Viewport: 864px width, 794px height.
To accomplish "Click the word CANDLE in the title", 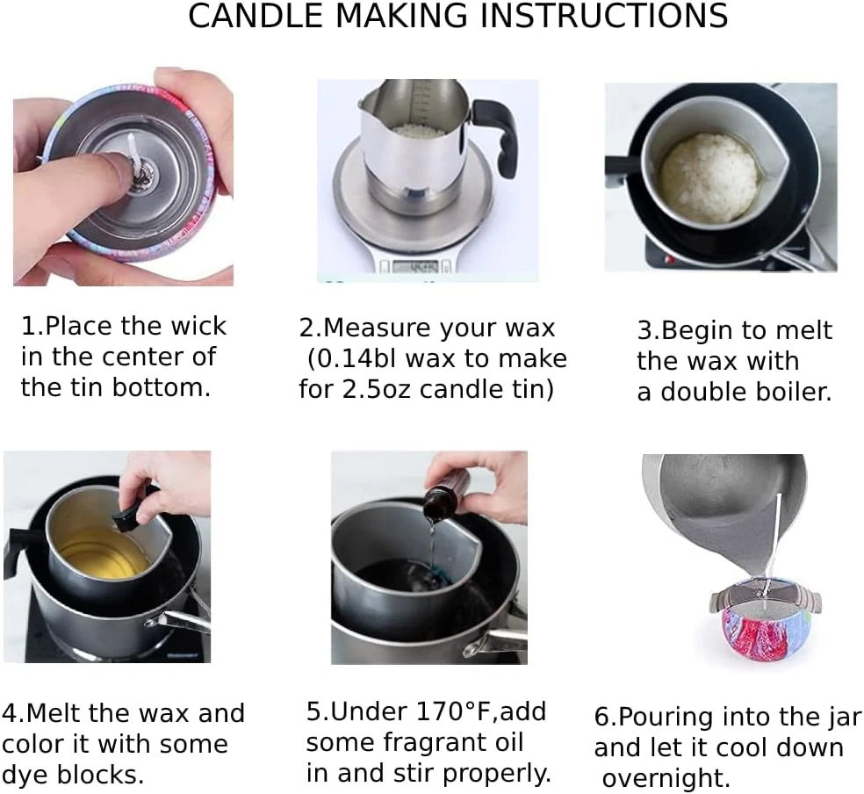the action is [256, 16].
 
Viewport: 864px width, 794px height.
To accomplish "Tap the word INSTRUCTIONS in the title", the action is [603, 16].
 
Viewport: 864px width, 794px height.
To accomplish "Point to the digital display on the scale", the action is [422, 267].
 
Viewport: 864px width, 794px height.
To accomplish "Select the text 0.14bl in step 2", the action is [356, 358].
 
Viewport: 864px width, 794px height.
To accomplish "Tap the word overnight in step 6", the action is [666, 778].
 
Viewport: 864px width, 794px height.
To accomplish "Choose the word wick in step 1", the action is [198, 326].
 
